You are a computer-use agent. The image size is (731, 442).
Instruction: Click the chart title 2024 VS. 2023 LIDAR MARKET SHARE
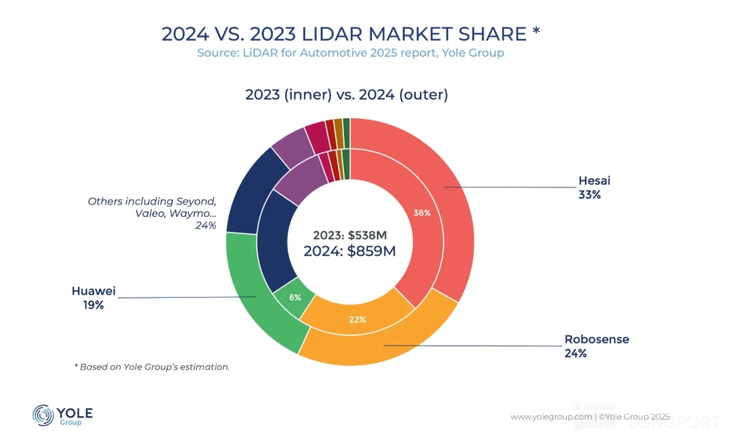point(351,34)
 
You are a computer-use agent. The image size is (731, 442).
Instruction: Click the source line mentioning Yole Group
point(351,53)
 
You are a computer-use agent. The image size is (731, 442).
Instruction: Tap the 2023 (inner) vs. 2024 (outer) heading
point(347,95)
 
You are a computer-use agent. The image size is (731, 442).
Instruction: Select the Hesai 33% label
point(594,187)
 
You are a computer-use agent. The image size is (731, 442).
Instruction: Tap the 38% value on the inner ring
point(422,213)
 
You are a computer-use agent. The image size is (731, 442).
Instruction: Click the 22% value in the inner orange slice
point(357,320)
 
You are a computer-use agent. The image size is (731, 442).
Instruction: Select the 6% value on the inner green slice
point(295,298)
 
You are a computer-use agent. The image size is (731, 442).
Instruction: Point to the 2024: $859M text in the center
point(349,250)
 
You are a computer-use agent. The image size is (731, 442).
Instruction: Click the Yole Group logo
point(62,415)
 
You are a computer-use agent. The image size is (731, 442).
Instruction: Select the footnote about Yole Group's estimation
point(151,367)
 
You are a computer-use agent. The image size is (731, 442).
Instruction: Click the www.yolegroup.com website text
point(551,416)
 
